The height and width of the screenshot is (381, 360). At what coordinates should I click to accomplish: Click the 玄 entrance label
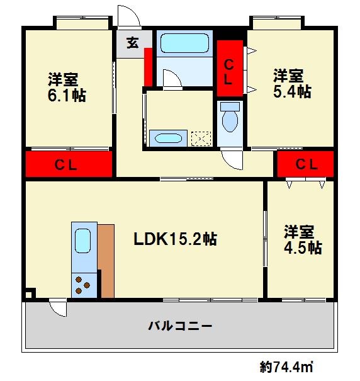pyautogui.click(x=133, y=44)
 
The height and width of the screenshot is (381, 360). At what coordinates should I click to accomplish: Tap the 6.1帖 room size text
pyautogui.click(x=66, y=96)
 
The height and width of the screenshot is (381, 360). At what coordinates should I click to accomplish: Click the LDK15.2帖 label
pyautogui.click(x=176, y=239)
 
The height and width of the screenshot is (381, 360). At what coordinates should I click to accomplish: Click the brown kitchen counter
pyautogui.click(x=106, y=259)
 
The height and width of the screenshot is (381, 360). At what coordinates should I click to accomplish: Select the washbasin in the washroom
pyautogui.click(x=168, y=139)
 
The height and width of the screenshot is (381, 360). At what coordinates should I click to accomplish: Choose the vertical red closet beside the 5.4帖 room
pyautogui.click(x=230, y=68)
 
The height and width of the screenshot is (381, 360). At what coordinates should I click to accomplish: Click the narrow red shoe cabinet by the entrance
pyautogui.click(x=148, y=66)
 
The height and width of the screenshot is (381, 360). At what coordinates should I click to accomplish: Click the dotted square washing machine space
pyautogui.click(x=201, y=139)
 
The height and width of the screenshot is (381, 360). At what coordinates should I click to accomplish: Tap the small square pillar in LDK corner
pyautogui.click(x=30, y=293)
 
